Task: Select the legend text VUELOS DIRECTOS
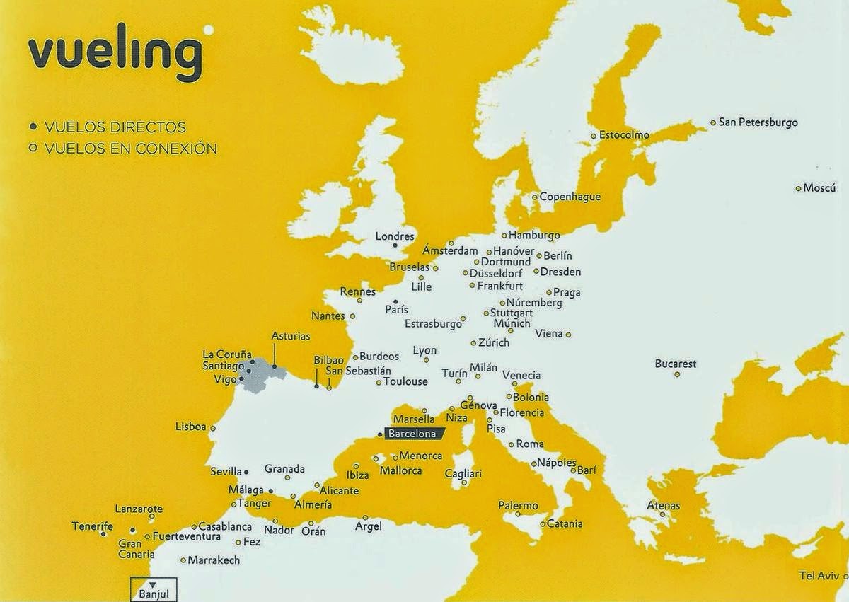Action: pyautogui.click(x=115, y=127)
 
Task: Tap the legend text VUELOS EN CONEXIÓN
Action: pyautogui.click(x=130, y=149)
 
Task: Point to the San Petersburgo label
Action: pyautogui.click(x=758, y=122)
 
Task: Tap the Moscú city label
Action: pyautogui.click(x=814, y=188)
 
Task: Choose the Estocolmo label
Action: pyautogui.click(x=624, y=135)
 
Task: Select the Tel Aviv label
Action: pyautogui.click(x=819, y=575)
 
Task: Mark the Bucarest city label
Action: pyautogui.click(x=676, y=364)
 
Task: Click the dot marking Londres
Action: pyautogui.click(x=395, y=246)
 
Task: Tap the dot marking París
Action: pyautogui.click(x=395, y=301)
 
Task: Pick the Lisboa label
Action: pyautogui.click(x=191, y=427)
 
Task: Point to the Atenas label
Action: pyautogui.click(x=664, y=505)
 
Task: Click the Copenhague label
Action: pyautogui.click(x=570, y=197)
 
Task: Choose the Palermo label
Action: pyautogui.click(x=518, y=505)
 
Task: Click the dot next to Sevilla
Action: pyautogui.click(x=246, y=472)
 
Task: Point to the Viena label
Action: pyautogui.click(x=549, y=333)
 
